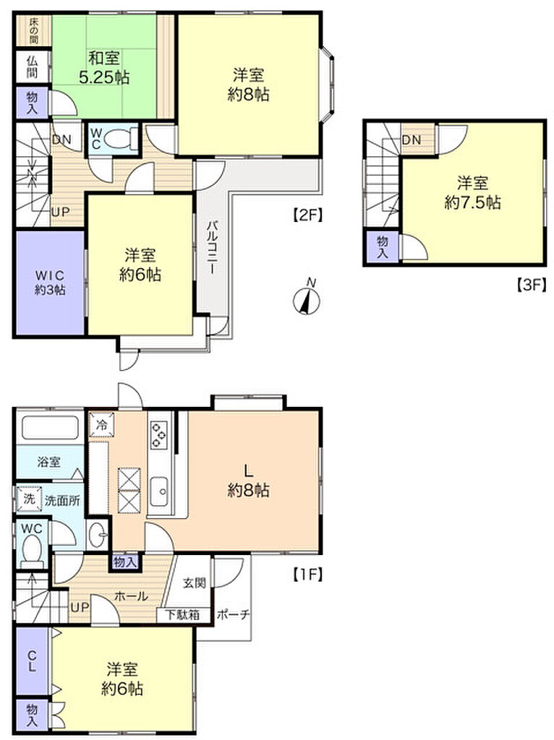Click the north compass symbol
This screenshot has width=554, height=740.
coord(307,299)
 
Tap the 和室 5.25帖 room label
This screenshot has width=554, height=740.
coord(104,67)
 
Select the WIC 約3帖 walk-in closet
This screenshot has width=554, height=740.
coord(50,283)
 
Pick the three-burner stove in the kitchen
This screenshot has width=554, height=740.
coord(159,434)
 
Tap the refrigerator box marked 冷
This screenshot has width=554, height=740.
coord(101,424)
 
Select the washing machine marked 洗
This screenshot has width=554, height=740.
coord(29,499)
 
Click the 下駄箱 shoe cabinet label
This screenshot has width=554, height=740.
coord(182,614)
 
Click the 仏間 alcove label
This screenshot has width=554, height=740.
coord(32,66)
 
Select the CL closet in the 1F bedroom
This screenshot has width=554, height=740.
coord(32,661)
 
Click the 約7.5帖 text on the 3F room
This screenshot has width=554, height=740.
coord(472,202)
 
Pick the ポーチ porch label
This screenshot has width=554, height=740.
coord(234,614)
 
